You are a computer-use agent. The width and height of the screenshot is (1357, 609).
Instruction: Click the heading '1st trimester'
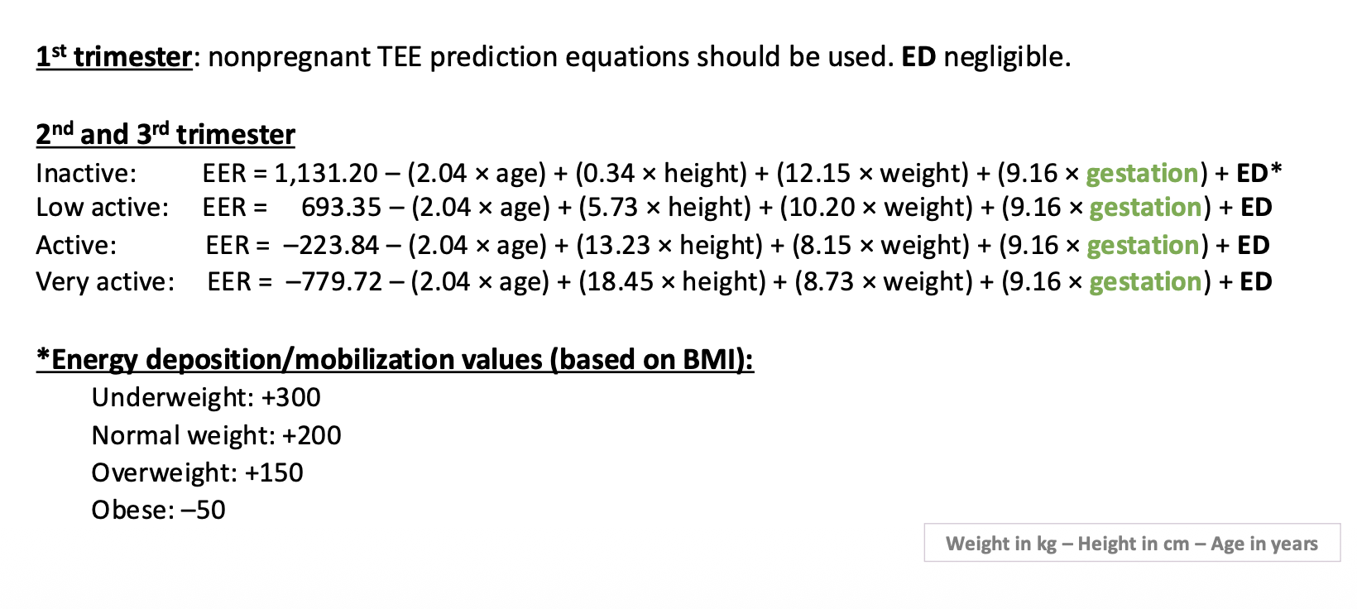[x=114, y=57]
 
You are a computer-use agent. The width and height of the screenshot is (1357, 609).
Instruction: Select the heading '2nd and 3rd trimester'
[x=165, y=134]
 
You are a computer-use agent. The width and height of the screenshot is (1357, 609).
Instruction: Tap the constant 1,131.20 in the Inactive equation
[x=326, y=174]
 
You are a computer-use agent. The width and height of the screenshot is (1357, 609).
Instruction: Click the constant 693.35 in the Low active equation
[x=341, y=208]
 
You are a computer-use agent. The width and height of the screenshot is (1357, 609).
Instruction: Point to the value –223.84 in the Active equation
[x=331, y=246]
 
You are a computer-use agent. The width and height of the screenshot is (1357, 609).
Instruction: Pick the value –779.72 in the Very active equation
[x=333, y=282]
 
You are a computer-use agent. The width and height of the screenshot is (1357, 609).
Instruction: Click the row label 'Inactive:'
[x=86, y=174]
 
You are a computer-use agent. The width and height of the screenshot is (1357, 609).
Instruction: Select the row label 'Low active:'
[x=103, y=208]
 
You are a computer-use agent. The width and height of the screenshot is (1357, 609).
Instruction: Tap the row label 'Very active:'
[x=105, y=282]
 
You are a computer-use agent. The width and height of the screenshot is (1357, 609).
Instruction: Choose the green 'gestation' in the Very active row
[x=1145, y=283]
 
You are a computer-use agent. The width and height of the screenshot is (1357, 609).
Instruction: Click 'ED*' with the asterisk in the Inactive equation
[x=1259, y=173]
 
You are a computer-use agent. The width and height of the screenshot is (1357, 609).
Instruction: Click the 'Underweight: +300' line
[x=206, y=398]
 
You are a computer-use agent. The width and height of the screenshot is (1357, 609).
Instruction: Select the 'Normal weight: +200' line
[x=216, y=436]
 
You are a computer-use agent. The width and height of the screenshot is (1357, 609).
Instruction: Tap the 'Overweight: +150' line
[x=197, y=473]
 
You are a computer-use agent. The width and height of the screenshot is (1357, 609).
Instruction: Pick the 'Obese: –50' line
[x=158, y=511]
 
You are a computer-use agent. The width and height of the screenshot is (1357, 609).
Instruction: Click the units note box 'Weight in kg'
[x=1132, y=543]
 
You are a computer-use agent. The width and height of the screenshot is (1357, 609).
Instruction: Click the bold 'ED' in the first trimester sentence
[x=918, y=57]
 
